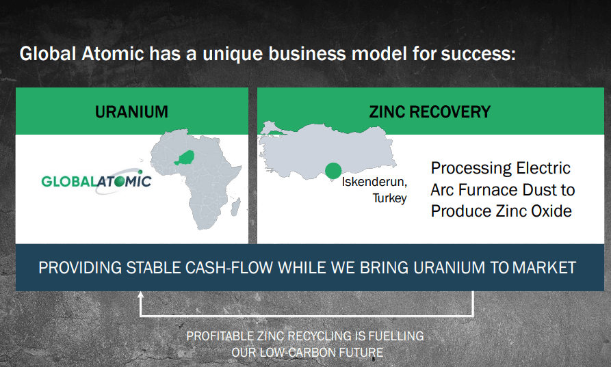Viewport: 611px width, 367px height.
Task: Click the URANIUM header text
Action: click(x=131, y=111)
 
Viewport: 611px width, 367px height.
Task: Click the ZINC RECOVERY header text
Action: click(x=430, y=111)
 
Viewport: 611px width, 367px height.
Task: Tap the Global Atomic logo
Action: click(x=96, y=182)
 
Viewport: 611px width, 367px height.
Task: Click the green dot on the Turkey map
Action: click(x=333, y=171)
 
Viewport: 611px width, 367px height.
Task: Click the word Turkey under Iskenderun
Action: click(x=389, y=198)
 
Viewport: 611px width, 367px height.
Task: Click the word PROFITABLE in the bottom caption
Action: click(x=222, y=336)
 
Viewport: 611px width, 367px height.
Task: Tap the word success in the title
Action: click(x=477, y=53)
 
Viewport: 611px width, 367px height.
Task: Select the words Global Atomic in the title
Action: click(x=82, y=53)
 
